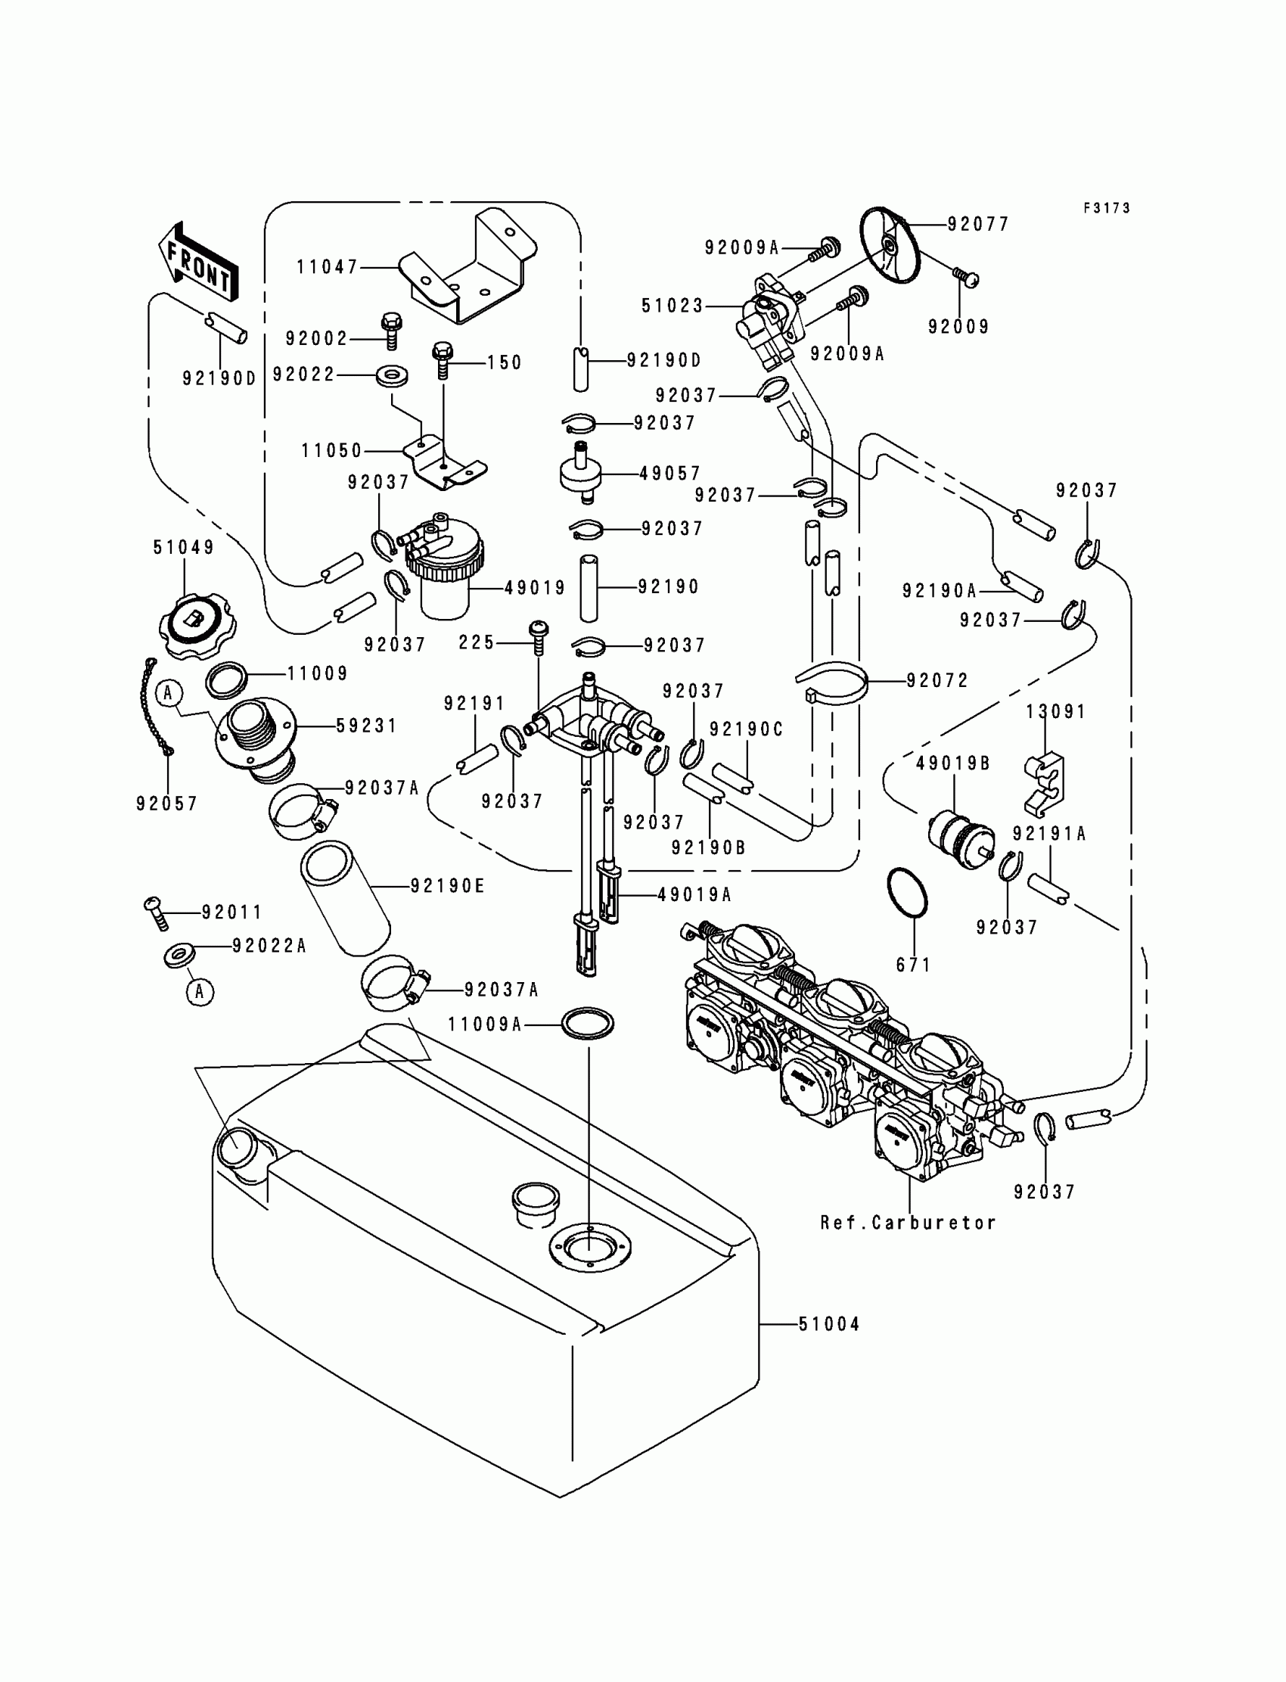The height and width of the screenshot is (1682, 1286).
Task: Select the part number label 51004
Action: [829, 1323]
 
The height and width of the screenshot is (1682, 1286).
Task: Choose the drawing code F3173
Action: [1107, 208]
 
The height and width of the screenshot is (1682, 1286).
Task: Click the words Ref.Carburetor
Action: [908, 1223]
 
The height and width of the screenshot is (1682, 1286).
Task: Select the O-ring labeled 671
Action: [907, 891]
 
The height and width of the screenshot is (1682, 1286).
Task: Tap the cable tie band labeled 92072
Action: [831, 684]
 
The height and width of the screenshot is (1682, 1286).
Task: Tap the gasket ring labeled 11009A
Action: [588, 1023]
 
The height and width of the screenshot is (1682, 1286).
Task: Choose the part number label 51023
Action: [672, 306]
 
